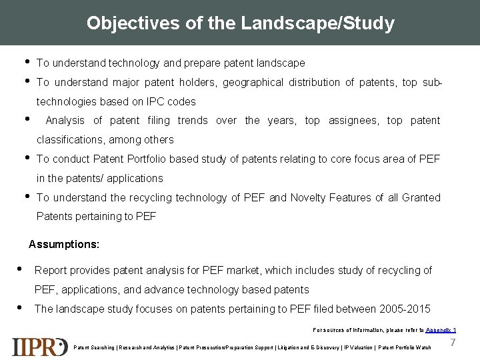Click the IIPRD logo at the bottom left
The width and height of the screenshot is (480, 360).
coord(39,347)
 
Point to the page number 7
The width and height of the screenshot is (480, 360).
coord(453,342)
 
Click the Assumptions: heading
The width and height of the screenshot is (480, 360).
coord(64,244)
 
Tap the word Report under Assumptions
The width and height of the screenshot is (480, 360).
coord(51,270)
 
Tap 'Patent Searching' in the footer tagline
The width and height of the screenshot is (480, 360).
coord(91,347)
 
